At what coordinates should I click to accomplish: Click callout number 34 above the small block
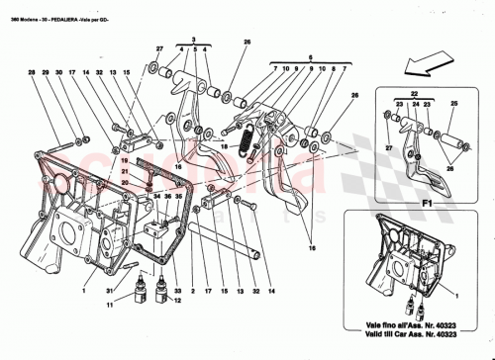click(155, 197)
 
